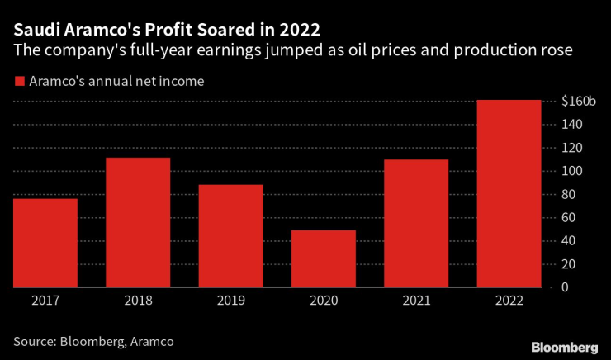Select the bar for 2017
pos(45,243)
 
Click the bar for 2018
pos(137,222)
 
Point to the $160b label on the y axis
pos(578,102)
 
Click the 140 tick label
pos(572,125)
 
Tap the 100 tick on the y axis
pos(572,171)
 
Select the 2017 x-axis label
pos(45,302)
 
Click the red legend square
pos(18,81)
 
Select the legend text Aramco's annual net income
pos(116,81)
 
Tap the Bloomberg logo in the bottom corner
pos(565,345)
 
